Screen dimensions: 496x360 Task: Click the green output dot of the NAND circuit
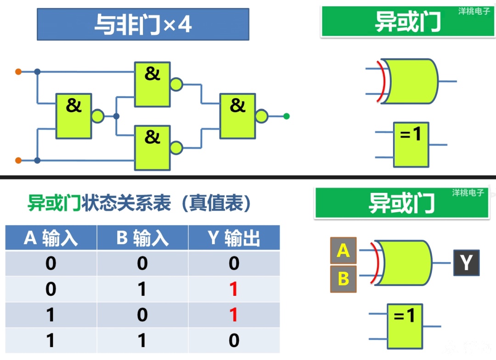point(287,117)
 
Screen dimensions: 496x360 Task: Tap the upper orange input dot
point(18,72)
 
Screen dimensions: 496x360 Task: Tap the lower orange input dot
point(18,160)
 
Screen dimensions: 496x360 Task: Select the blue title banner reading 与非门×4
point(143,24)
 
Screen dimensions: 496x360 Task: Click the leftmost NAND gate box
point(73,116)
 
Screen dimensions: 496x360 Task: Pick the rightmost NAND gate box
point(237,116)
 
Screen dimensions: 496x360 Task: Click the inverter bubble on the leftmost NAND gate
point(98,116)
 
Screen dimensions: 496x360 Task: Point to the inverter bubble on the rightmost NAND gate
point(262,116)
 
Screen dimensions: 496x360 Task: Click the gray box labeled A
point(343,251)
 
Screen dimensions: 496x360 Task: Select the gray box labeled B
point(343,279)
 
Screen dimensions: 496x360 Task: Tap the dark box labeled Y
point(466,263)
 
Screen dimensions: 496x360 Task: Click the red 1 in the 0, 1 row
point(234,289)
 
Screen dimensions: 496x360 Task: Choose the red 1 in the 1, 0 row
point(234,315)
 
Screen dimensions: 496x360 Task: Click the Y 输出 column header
point(234,237)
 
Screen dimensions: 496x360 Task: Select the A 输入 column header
point(51,237)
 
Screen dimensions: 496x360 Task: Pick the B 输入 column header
point(142,237)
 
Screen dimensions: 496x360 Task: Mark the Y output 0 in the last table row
point(234,340)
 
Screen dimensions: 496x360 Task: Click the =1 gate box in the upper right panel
point(411,145)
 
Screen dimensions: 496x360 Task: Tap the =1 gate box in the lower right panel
point(405,326)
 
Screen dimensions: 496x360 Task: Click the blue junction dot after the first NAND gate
point(116,116)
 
